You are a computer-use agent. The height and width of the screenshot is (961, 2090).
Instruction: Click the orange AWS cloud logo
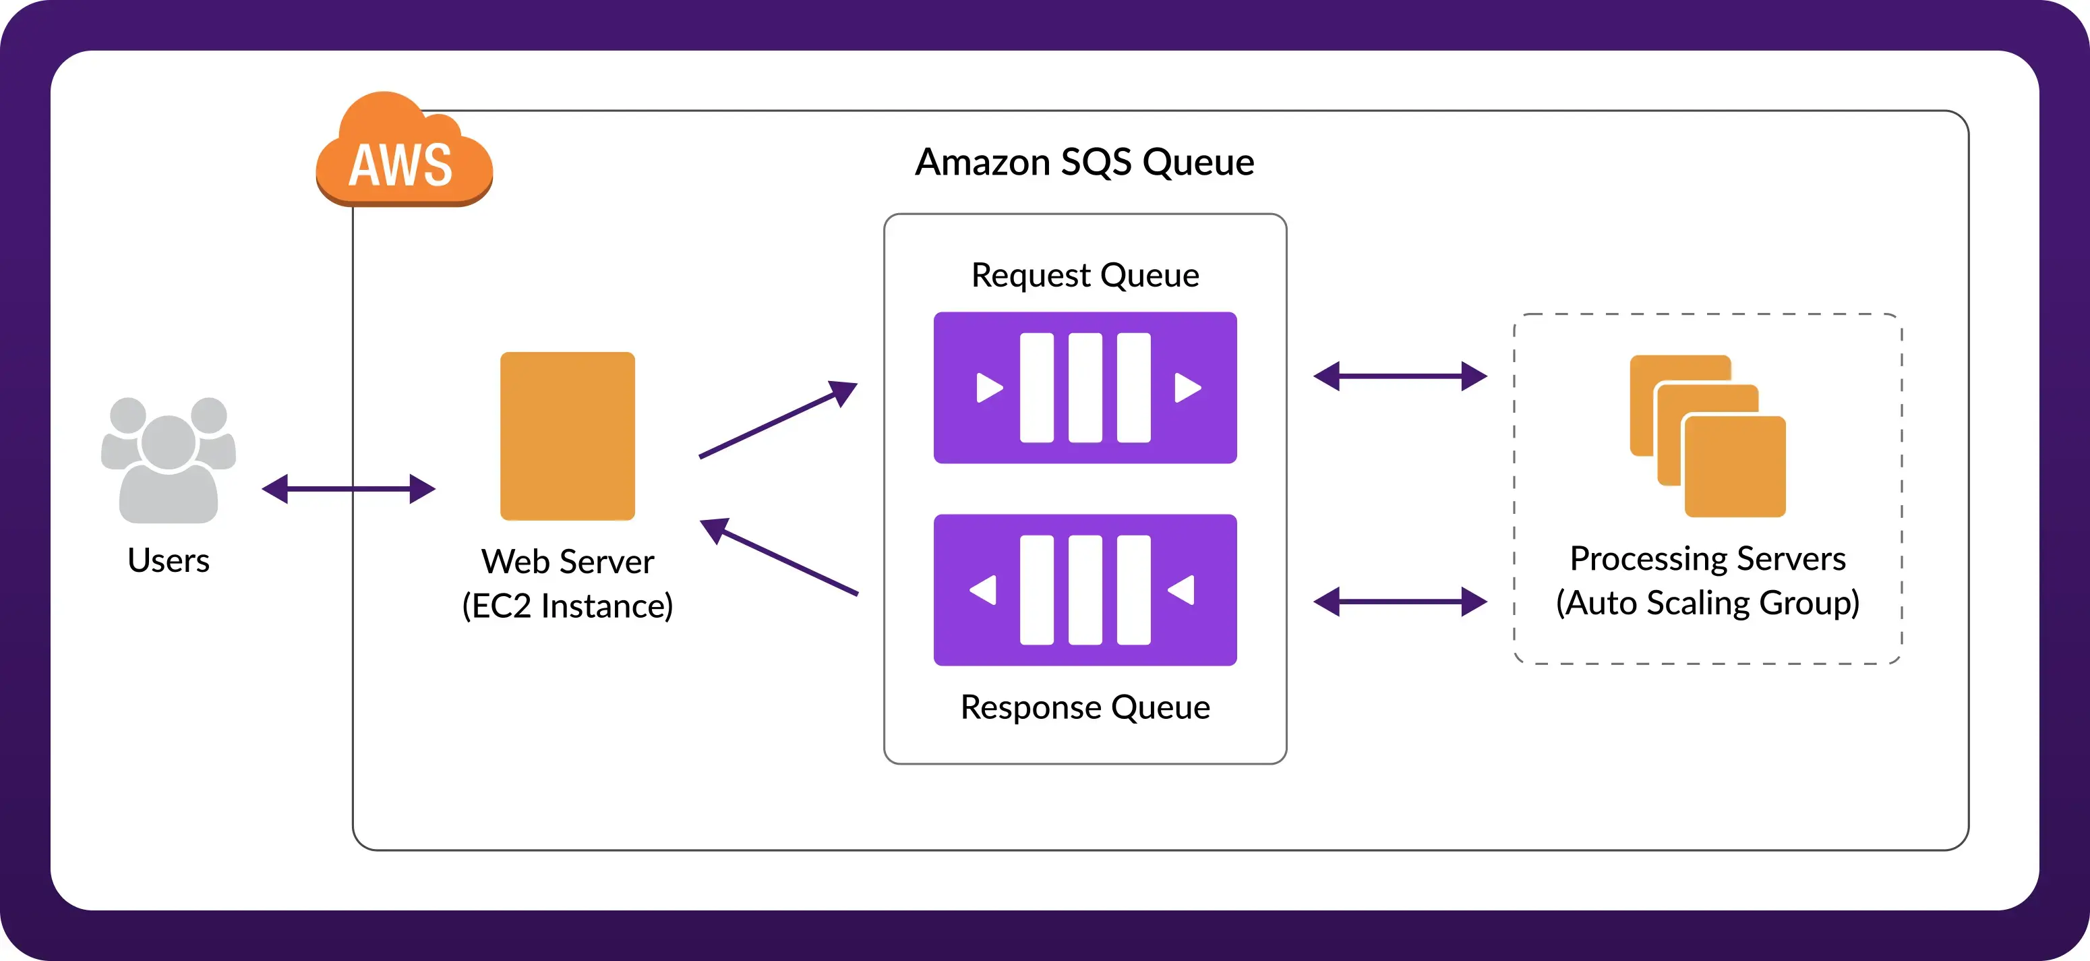click(x=403, y=154)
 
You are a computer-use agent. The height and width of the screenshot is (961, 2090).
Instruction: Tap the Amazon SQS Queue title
click(x=1084, y=162)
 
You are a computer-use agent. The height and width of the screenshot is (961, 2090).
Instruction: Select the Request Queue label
click(x=1084, y=275)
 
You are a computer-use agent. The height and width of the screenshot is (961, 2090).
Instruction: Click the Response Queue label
click(x=1084, y=707)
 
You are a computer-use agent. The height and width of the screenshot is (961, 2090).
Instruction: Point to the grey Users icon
click(x=168, y=459)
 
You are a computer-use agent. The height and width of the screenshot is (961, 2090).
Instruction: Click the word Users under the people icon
click(x=168, y=560)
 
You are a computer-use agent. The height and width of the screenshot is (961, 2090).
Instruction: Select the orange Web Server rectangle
click(x=567, y=435)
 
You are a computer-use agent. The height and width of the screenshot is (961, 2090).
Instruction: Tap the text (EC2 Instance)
click(x=567, y=606)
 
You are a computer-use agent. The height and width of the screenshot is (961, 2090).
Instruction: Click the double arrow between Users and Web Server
click(x=348, y=489)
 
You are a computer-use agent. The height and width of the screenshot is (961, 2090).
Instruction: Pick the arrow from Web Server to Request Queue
click(x=777, y=419)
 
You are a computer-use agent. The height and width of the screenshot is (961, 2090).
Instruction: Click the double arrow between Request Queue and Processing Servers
click(x=1400, y=376)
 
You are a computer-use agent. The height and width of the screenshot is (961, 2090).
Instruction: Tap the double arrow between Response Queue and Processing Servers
click(x=1400, y=602)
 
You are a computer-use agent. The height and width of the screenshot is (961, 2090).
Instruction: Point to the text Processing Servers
click(x=1707, y=558)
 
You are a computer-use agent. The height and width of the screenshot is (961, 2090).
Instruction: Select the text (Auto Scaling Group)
click(x=1707, y=603)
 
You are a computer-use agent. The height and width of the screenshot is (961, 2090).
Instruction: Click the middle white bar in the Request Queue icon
click(x=1085, y=387)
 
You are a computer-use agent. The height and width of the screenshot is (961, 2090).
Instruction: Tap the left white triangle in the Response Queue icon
click(x=984, y=590)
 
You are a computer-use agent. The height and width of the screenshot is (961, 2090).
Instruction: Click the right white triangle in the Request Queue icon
click(x=1187, y=387)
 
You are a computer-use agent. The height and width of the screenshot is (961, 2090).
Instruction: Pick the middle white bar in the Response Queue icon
click(x=1085, y=590)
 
